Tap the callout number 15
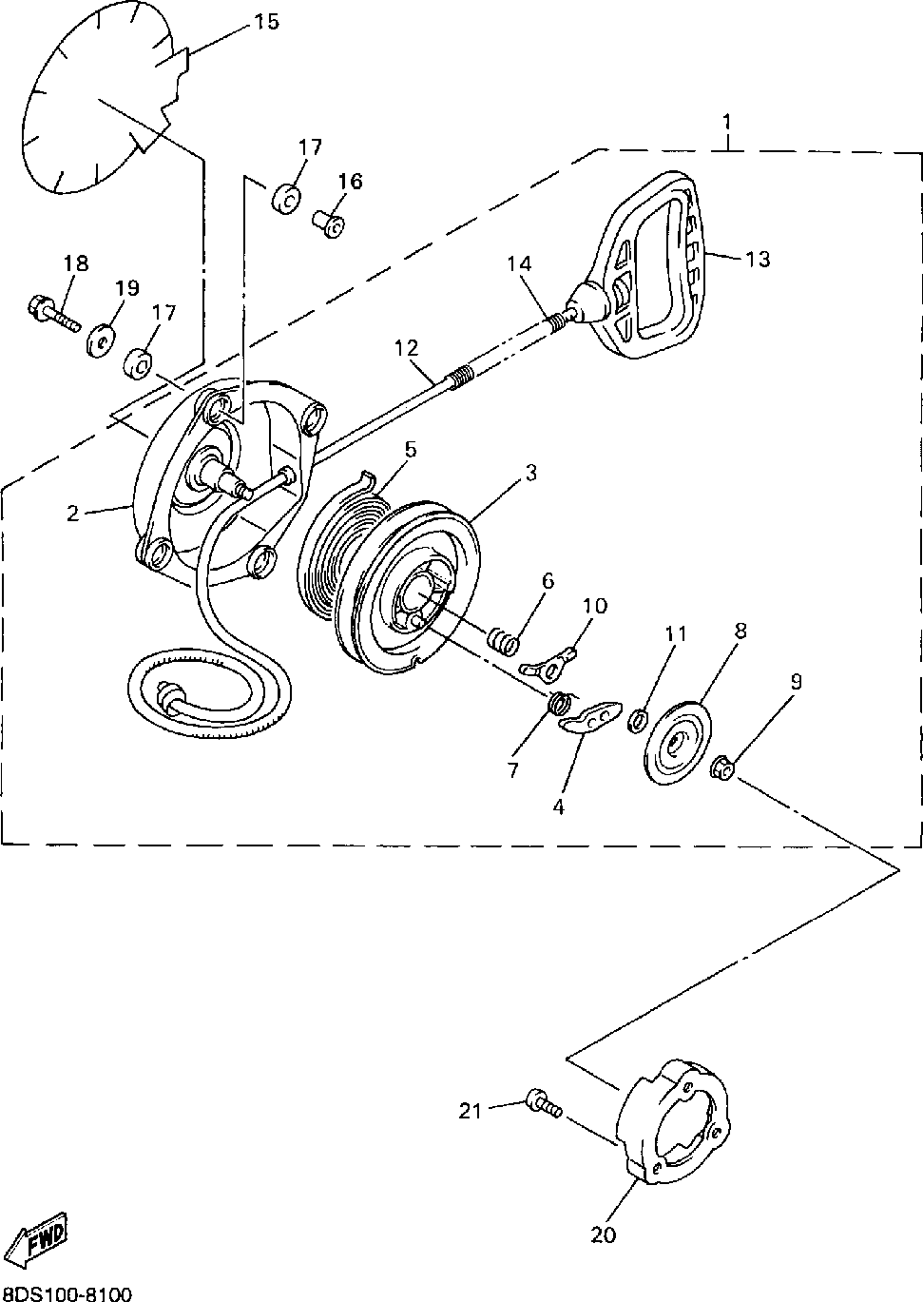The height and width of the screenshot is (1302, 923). tap(267, 21)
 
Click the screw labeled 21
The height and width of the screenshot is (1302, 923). tap(542, 1104)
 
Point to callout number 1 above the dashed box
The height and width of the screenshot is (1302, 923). tap(727, 122)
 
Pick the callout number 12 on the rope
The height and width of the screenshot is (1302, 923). tap(407, 348)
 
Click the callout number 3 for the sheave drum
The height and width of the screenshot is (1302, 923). tap(530, 473)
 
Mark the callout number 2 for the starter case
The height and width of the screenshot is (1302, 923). tap(73, 514)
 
